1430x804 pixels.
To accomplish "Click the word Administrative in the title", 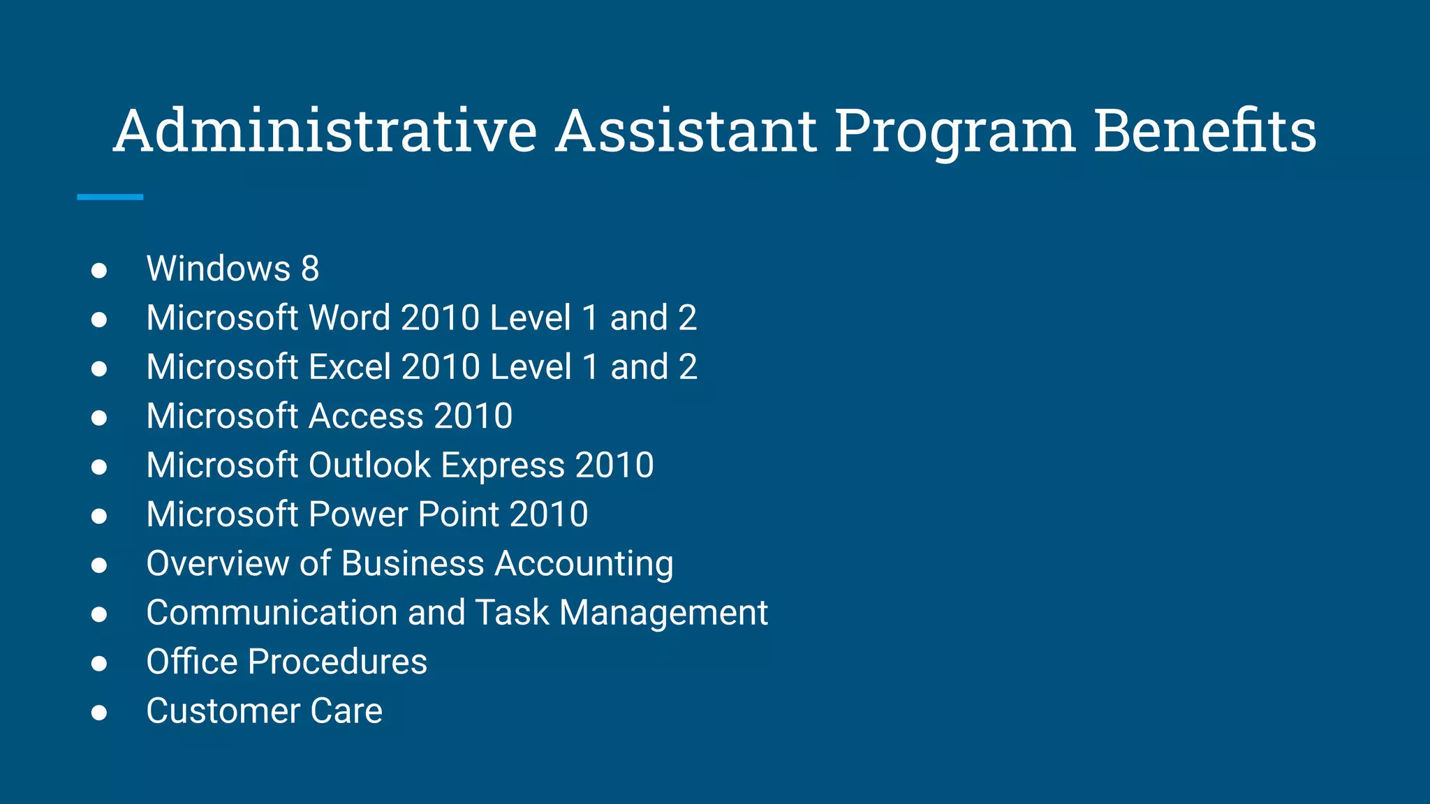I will coord(325,131).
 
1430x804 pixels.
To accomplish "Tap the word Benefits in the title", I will coord(1204,131).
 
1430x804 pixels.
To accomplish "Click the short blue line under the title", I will coord(110,198).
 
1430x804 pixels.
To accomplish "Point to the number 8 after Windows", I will coord(310,269).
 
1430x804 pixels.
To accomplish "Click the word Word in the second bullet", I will coord(350,318).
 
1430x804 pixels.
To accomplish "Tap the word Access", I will coord(366,416).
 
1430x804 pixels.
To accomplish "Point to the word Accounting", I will coord(584,565).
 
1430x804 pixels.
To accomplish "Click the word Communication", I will coord(272,613).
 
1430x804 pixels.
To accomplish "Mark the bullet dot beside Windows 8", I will coord(99,270).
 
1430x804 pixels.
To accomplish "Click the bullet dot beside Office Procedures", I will coord(99,663).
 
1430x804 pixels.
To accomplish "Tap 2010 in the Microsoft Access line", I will coord(473,416).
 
